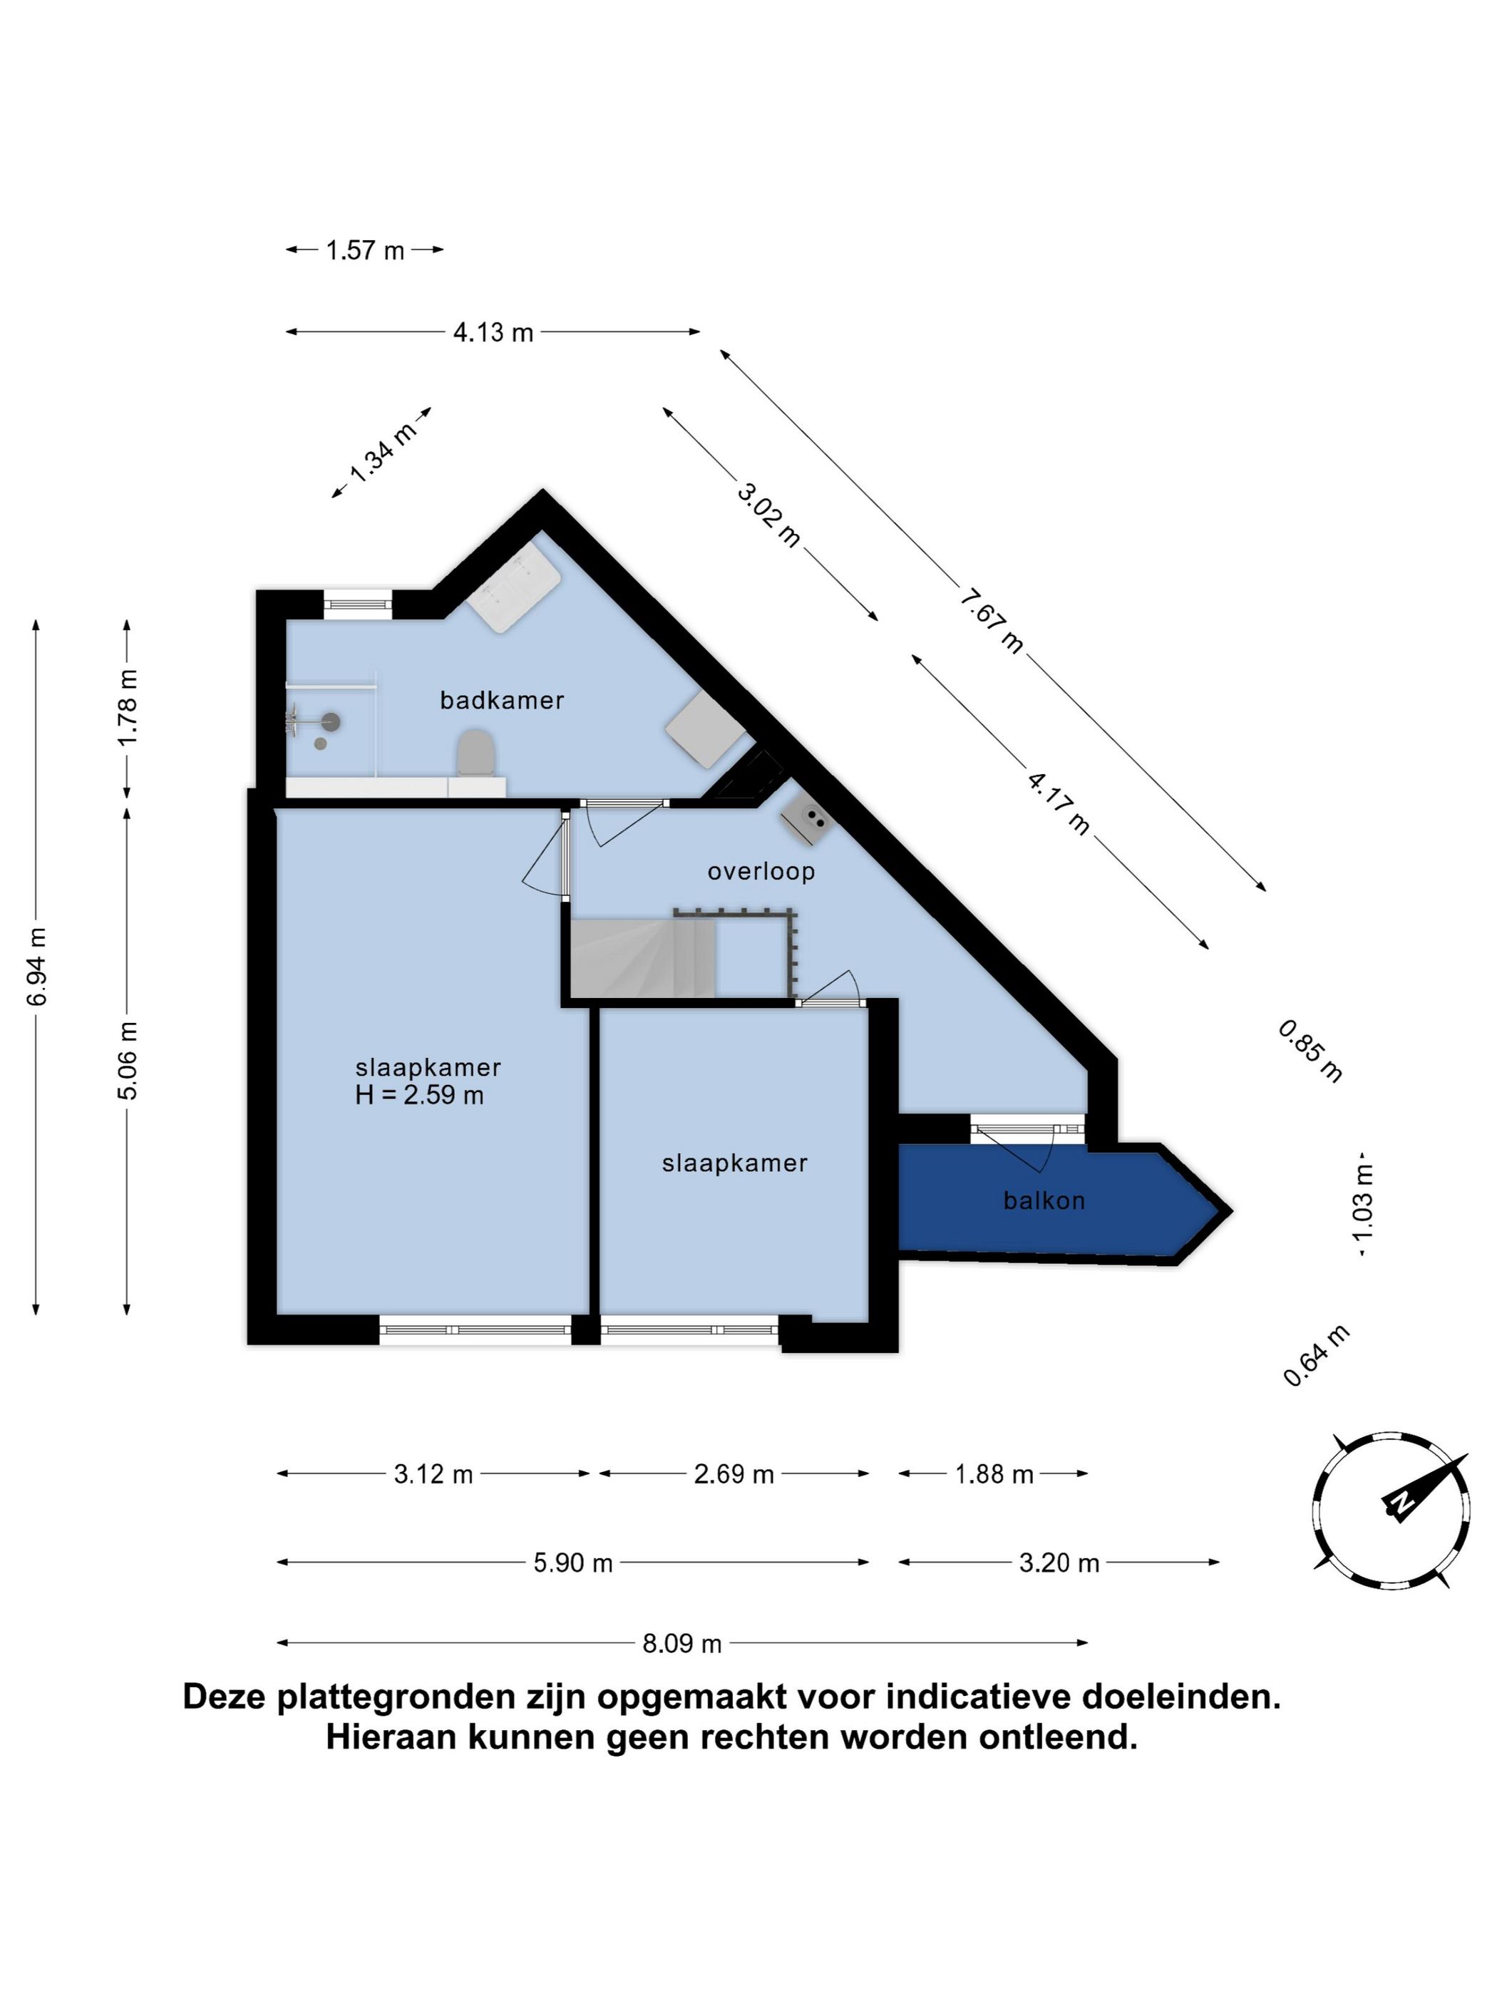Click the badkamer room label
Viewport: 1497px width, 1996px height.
(x=501, y=700)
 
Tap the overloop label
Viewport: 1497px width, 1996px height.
(x=761, y=872)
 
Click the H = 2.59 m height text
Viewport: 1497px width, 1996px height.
(x=420, y=1096)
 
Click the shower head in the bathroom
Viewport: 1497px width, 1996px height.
(x=332, y=720)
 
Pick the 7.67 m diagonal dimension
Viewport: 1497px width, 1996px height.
(x=991, y=621)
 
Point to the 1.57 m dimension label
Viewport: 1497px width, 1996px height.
(x=364, y=250)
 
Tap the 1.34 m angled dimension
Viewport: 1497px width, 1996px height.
(x=381, y=452)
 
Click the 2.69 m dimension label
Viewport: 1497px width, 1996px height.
(x=734, y=1474)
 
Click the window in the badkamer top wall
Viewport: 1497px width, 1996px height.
(x=359, y=603)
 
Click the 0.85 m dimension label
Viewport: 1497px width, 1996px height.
(x=1310, y=1051)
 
